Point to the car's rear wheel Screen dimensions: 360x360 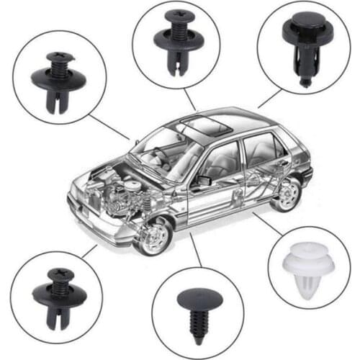coord(287,193)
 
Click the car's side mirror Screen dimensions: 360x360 coord(203,180)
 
